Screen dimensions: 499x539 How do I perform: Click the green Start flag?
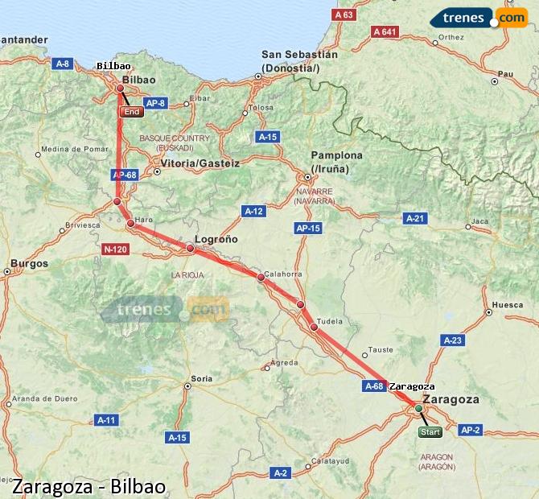click(430, 432)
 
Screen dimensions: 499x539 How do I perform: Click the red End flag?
click(131, 112)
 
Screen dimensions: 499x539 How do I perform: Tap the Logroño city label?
click(216, 239)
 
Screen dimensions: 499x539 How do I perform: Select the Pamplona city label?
click(338, 155)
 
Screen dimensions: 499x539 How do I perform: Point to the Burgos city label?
click(29, 263)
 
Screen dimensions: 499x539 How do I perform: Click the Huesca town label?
click(507, 304)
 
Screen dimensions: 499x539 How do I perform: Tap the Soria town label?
click(201, 377)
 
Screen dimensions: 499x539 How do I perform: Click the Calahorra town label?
click(283, 274)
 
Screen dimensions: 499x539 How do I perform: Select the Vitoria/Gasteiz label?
click(200, 163)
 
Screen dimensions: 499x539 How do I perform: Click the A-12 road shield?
click(253, 211)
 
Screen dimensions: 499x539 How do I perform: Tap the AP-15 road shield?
click(308, 229)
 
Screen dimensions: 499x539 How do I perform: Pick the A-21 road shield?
click(414, 218)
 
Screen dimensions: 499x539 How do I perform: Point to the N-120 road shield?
click(115, 249)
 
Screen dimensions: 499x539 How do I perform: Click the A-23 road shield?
click(453, 340)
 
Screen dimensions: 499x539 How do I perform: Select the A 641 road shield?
click(385, 31)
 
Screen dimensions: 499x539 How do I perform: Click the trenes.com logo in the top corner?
click(479, 17)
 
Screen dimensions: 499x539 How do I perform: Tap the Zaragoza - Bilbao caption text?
click(88, 486)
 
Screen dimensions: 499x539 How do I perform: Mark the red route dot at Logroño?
click(191, 249)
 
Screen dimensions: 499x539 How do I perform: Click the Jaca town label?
click(480, 221)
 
